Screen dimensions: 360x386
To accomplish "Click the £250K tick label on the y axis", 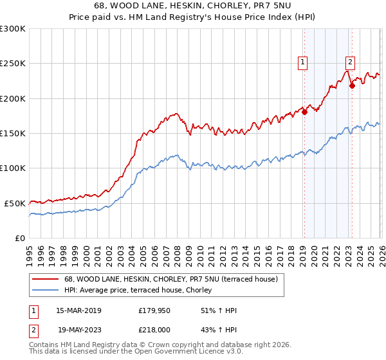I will click(x=13, y=64).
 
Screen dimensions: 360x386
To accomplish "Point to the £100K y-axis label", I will click(x=13, y=168).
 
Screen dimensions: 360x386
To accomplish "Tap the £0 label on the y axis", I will click(x=21, y=238).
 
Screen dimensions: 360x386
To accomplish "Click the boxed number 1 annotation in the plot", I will click(x=302, y=62).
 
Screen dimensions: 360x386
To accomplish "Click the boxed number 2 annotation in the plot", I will click(x=350, y=62).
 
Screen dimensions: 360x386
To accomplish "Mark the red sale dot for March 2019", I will click(x=304, y=113).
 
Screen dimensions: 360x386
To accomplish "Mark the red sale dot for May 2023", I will click(x=352, y=85).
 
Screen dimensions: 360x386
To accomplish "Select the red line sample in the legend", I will click(x=46, y=280).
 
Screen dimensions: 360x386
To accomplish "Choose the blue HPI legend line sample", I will click(x=46, y=291).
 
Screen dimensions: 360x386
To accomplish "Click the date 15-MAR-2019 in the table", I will click(x=79, y=310).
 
